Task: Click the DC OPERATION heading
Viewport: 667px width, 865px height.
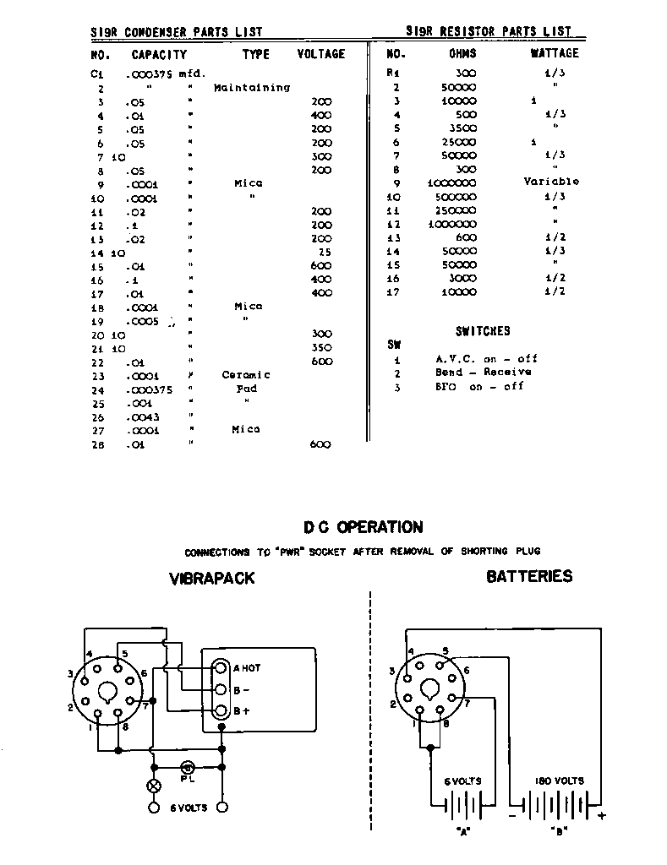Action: (364, 528)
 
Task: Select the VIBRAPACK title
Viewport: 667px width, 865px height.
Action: (211, 579)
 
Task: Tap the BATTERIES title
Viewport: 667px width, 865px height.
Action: (529, 577)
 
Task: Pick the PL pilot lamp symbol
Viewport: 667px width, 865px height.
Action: (187, 767)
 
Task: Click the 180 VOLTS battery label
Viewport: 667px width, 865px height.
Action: (560, 781)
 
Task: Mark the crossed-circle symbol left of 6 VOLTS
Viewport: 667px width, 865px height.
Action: (154, 786)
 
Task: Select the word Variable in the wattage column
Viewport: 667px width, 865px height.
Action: (551, 182)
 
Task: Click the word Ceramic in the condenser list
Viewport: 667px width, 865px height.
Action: (246, 375)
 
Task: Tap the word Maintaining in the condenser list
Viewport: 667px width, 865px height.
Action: (252, 88)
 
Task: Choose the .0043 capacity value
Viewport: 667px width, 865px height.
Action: (142, 416)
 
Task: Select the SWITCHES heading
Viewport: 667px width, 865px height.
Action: (483, 331)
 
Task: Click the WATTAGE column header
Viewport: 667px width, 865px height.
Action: (554, 53)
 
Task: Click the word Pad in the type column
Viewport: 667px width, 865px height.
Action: (246, 389)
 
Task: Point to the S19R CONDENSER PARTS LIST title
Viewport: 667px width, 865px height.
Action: (177, 32)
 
